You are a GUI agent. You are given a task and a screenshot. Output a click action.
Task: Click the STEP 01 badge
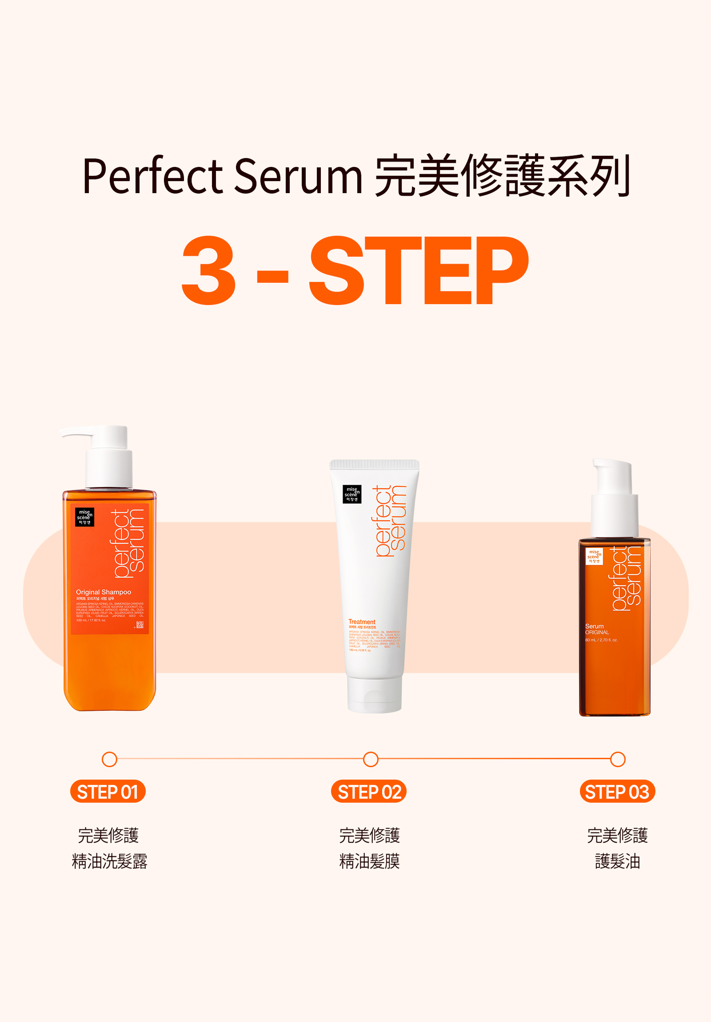point(108,792)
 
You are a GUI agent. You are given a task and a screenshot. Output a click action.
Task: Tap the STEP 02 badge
point(369,792)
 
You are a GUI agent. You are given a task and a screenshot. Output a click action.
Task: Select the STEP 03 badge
point(617,792)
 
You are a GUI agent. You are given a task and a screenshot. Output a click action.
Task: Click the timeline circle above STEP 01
point(110,759)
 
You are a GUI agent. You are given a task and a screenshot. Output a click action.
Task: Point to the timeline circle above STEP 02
point(371,759)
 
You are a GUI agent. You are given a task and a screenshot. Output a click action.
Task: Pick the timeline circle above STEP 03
point(618,759)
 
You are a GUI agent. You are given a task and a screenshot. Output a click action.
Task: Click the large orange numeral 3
point(208,270)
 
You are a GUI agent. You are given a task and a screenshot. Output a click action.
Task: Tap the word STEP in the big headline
point(419,270)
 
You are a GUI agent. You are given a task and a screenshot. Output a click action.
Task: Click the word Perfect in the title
point(152,176)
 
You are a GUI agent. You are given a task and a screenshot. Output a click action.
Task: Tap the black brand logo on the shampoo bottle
point(84,517)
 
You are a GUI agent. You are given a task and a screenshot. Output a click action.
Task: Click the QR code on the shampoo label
point(140,625)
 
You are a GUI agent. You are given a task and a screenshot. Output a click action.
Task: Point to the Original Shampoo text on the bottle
point(104,592)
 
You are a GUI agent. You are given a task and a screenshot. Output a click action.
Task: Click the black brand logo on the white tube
point(352,494)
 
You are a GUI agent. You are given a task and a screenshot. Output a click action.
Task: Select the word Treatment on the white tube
point(362,622)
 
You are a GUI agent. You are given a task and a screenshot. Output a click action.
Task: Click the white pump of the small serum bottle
point(614,499)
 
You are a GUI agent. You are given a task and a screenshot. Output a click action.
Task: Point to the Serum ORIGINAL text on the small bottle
point(597,629)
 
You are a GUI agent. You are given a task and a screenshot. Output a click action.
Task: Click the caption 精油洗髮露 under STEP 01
point(110,862)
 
